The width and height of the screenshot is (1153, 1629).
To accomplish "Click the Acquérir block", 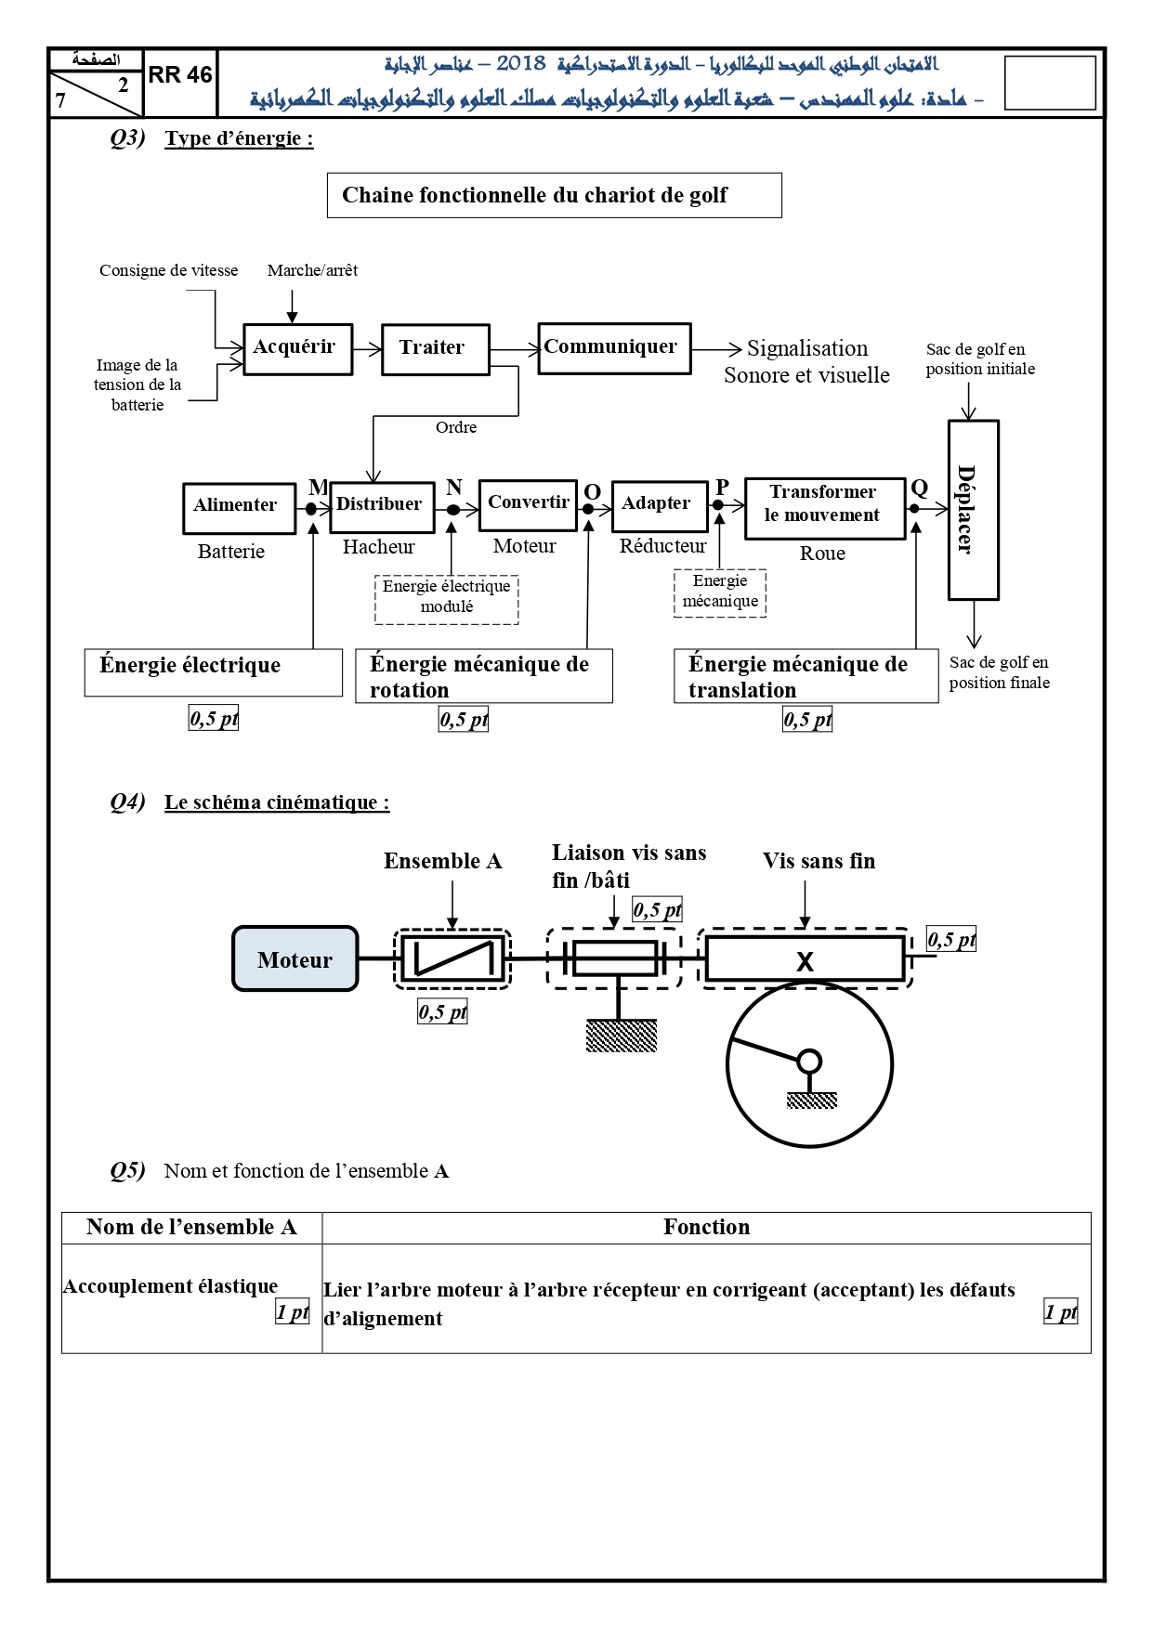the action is pyautogui.click(x=297, y=349).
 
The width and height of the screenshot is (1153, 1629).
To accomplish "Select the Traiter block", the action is pyautogui.click(x=435, y=349).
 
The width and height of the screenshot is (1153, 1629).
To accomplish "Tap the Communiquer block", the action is pyautogui.click(x=614, y=348).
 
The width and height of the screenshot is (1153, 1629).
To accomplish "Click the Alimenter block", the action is pyautogui.click(x=239, y=508).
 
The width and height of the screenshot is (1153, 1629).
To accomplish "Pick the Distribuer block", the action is pyautogui.click(x=382, y=507).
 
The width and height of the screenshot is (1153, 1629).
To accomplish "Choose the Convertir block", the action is pyautogui.click(x=528, y=505).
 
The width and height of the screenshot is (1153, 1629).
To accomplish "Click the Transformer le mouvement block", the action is pyautogui.click(x=825, y=508).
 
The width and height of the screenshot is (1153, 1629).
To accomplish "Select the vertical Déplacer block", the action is pyautogui.click(x=973, y=510).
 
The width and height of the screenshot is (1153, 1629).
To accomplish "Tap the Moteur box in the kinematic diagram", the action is pyautogui.click(x=295, y=958).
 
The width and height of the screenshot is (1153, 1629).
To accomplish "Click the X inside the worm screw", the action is pyautogui.click(x=805, y=961).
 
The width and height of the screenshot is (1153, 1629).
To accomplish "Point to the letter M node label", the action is pyautogui.click(x=318, y=488).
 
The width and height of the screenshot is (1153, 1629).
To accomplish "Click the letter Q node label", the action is pyautogui.click(x=919, y=488).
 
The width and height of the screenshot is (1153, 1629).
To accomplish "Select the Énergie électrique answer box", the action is pyautogui.click(x=214, y=672).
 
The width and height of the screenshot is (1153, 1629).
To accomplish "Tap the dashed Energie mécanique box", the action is pyautogui.click(x=720, y=593).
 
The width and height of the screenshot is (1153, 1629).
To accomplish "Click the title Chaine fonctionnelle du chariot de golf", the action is pyautogui.click(x=554, y=195).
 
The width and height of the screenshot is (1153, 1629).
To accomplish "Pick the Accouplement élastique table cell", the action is pyautogui.click(x=192, y=1298).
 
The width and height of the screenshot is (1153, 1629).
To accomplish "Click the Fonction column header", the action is pyautogui.click(x=706, y=1227).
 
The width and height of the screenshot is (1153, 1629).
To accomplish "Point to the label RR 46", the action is pyautogui.click(x=180, y=75).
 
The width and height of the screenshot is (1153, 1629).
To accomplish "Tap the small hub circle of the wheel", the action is pyautogui.click(x=809, y=1061).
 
